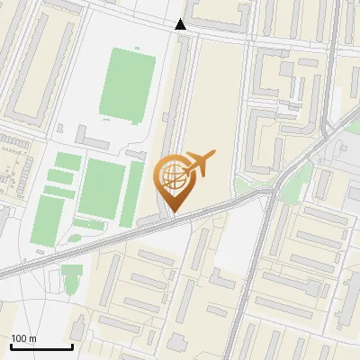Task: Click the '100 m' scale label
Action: [24, 338]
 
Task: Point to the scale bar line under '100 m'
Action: [41, 346]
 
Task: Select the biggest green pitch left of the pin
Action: [102, 187]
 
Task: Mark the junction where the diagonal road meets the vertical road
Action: [269, 191]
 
